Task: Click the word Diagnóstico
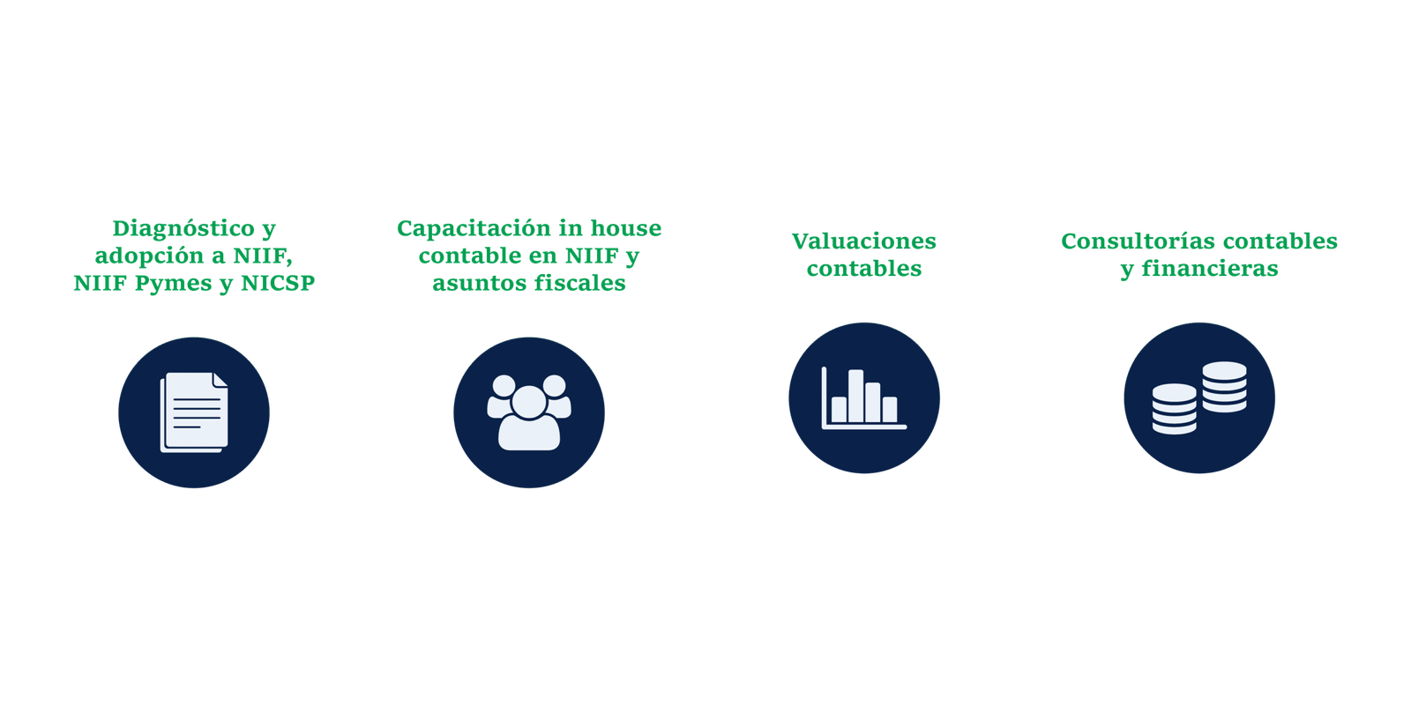pyautogui.click(x=184, y=228)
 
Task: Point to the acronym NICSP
pyautogui.click(x=278, y=283)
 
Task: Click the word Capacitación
pyautogui.click(x=473, y=228)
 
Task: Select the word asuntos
pyautogui.click(x=480, y=284)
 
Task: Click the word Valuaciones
pyautogui.click(x=864, y=241)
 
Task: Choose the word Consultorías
pyautogui.click(x=1139, y=241)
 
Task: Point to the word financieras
pyautogui.click(x=1210, y=269)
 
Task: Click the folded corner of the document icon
pyautogui.click(x=220, y=380)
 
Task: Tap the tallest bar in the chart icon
pyautogui.click(x=855, y=396)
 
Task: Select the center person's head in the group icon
pyautogui.click(x=529, y=402)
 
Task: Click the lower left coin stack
pyautogui.click(x=1174, y=409)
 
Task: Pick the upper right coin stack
pyautogui.click(x=1225, y=387)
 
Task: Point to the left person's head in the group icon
pyautogui.click(x=504, y=386)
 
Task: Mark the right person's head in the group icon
pyautogui.click(x=555, y=386)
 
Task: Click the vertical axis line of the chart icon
pyautogui.click(x=824, y=397)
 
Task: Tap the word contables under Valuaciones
pyautogui.click(x=864, y=269)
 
